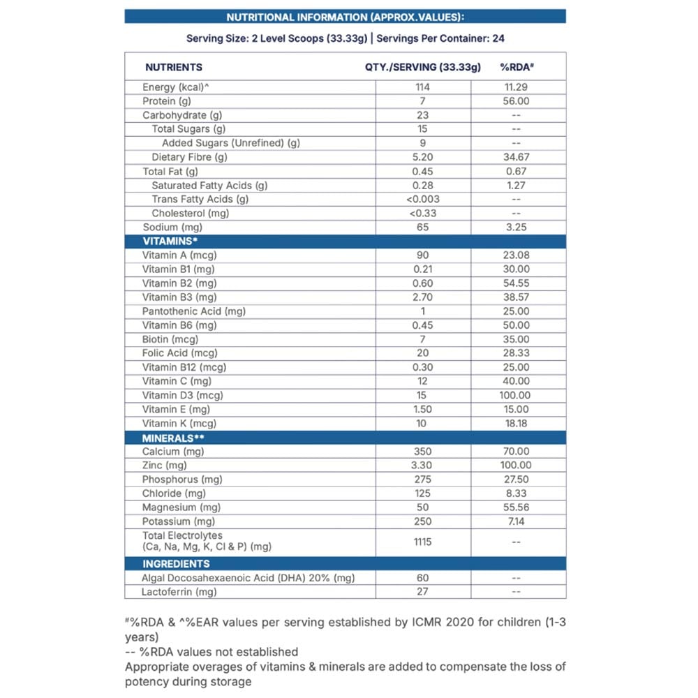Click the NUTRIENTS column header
coord(174,67)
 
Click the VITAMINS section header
coord(170,241)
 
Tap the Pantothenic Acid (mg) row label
coord(193,311)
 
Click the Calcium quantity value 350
coord(422,452)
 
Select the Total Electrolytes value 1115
coord(422,542)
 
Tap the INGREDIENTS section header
coord(176,563)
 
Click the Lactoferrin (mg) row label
coord(179,592)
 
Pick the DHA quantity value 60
coord(422,578)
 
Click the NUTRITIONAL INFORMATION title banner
coord(345,17)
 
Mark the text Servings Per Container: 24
coord(440,39)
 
